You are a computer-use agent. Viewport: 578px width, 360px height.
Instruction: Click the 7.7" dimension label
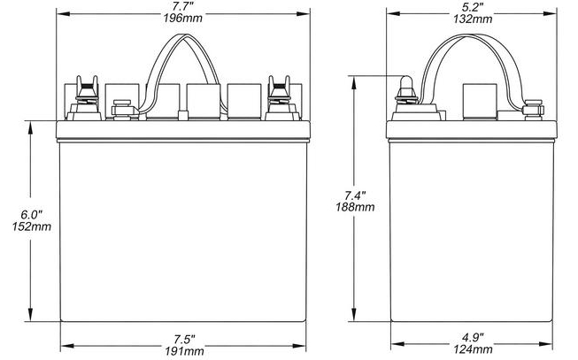183,6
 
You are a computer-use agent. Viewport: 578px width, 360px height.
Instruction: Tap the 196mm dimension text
183,18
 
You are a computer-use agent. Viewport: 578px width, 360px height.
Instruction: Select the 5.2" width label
473,6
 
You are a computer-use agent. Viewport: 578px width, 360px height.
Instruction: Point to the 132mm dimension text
473,19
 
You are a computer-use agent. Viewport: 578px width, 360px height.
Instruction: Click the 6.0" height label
31,214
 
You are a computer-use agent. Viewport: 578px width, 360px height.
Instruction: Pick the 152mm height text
31,226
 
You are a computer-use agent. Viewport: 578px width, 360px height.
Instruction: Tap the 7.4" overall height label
355,195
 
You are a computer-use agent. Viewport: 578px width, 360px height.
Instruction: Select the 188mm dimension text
355,207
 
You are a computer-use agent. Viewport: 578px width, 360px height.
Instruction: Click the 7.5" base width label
184,339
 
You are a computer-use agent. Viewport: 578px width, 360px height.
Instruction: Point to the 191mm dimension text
184,351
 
